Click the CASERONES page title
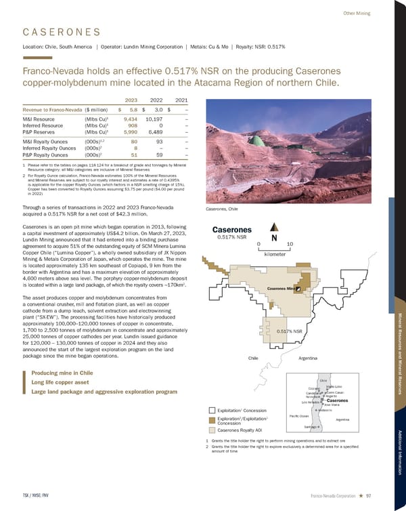pos(62,33)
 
